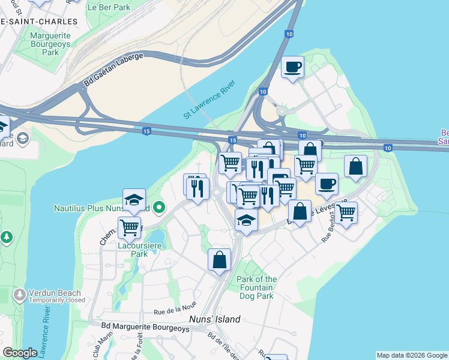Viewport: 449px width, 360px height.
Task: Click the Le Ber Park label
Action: point(109,8)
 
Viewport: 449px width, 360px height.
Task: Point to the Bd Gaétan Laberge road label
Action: point(114,70)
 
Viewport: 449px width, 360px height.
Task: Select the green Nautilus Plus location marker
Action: point(158,208)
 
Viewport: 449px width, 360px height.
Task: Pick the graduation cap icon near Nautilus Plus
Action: point(134,200)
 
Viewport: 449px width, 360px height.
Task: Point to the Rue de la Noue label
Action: point(175,311)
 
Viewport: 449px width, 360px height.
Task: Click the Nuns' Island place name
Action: point(215,319)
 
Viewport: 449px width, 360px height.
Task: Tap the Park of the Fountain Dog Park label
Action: point(257,287)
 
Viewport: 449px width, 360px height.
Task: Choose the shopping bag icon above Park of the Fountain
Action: point(219,260)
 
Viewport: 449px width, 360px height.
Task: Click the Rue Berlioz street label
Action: point(334,226)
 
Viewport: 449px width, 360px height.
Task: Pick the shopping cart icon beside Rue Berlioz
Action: point(346,212)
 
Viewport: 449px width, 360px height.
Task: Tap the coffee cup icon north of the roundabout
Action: point(293,67)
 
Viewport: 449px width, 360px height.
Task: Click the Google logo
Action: point(20,353)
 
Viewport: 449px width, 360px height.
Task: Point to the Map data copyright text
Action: point(411,355)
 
